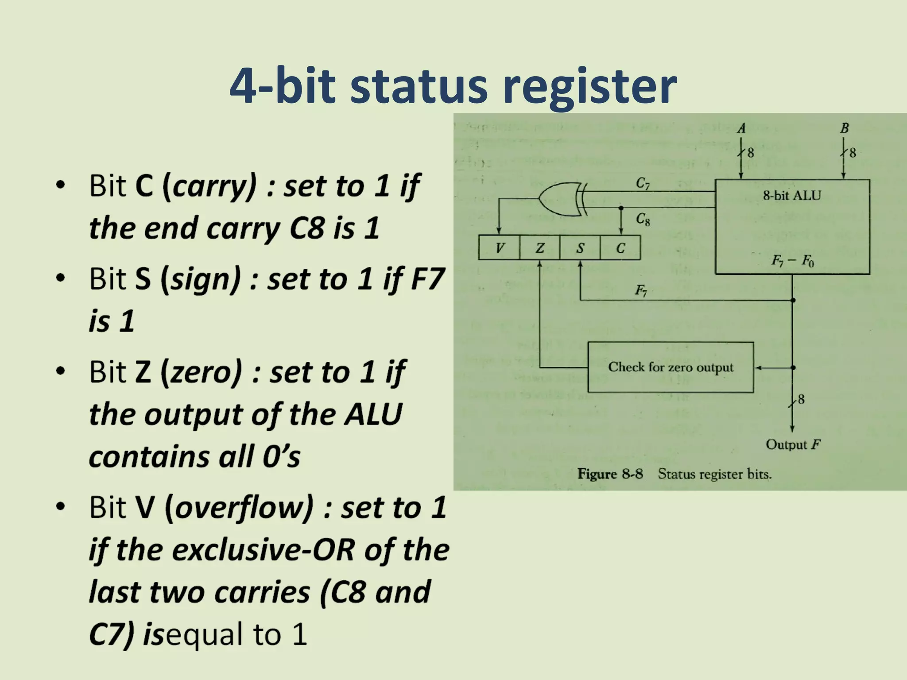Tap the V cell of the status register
tap(499, 248)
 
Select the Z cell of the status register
tap(539, 248)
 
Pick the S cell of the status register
tap(580, 248)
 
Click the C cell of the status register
tap(620, 248)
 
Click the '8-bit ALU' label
tap(792, 196)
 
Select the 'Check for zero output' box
tap(671, 367)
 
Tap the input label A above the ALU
tap(741, 128)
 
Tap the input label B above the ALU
tap(844, 128)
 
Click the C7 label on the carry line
tap(643, 183)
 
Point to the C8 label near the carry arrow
tap(643, 219)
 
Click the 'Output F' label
tap(793, 444)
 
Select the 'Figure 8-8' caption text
tap(610, 474)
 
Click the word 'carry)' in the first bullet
tap(214, 186)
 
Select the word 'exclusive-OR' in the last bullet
tap(264, 550)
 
